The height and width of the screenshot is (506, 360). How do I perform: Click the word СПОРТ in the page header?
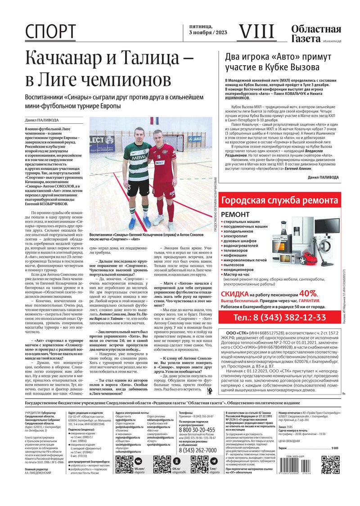pyautogui.click(x=50, y=32)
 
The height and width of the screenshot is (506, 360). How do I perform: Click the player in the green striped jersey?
pyautogui.click(x=139, y=175)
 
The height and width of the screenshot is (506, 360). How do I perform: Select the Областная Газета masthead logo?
pyautogui.click(x=315, y=34)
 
